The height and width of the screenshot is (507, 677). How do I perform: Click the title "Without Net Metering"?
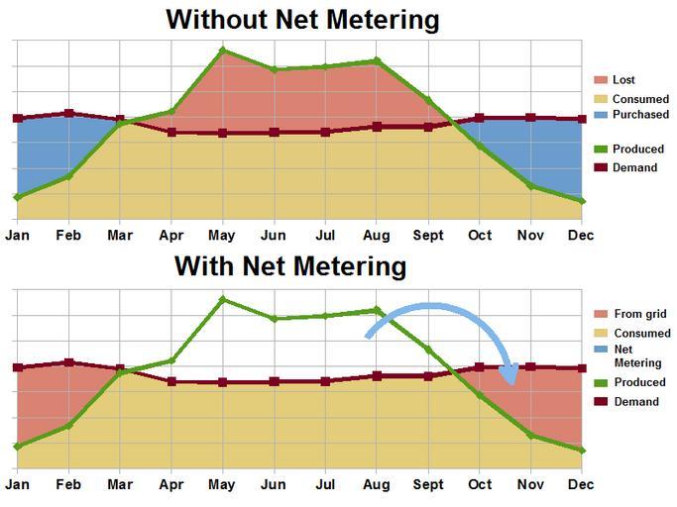[x=302, y=19]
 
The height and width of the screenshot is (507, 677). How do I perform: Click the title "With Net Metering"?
[x=290, y=266]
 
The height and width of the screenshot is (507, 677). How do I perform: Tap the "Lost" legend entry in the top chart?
[x=623, y=80]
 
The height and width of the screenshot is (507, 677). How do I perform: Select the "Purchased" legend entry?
[x=639, y=115]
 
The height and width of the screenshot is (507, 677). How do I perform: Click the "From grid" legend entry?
[x=639, y=314]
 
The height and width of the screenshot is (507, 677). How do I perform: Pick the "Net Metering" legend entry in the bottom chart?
[x=637, y=356]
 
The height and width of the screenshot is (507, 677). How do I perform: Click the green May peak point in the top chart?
[x=223, y=50]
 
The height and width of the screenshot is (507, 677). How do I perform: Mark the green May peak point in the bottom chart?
[x=223, y=299]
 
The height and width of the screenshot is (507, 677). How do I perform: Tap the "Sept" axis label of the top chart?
[x=428, y=236]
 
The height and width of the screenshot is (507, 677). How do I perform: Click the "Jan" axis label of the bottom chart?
[x=17, y=484]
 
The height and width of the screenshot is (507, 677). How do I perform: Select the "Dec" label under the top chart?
[x=581, y=236]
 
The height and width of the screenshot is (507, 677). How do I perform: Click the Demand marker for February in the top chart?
[x=68, y=113]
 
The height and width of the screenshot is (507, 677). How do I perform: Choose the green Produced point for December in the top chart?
[x=582, y=201]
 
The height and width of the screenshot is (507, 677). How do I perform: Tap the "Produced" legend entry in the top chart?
[x=638, y=150]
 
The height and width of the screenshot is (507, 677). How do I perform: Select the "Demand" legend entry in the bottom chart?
[x=635, y=402]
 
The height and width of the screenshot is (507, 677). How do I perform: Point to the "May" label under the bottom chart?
[x=223, y=484]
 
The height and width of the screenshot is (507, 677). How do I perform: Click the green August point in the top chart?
[x=377, y=60]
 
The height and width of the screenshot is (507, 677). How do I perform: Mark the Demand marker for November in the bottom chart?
[x=530, y=366]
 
